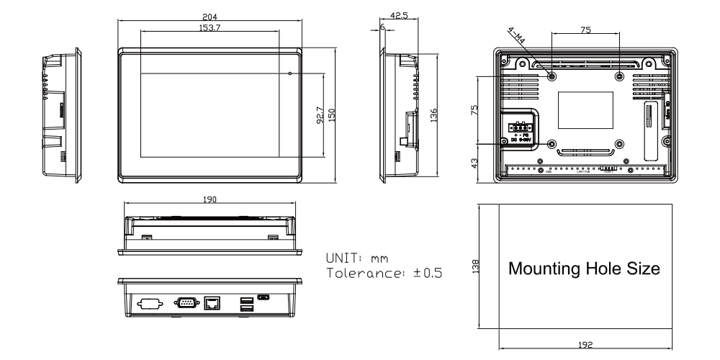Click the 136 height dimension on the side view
[434, 115]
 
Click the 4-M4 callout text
[516, 35]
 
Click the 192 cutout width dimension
[584, 345]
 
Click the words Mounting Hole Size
[584, 269]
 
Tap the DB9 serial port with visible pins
[185, 302]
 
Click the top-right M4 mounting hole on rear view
[620, 76]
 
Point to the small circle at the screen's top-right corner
[289, 73]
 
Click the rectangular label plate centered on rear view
[585, 109]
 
